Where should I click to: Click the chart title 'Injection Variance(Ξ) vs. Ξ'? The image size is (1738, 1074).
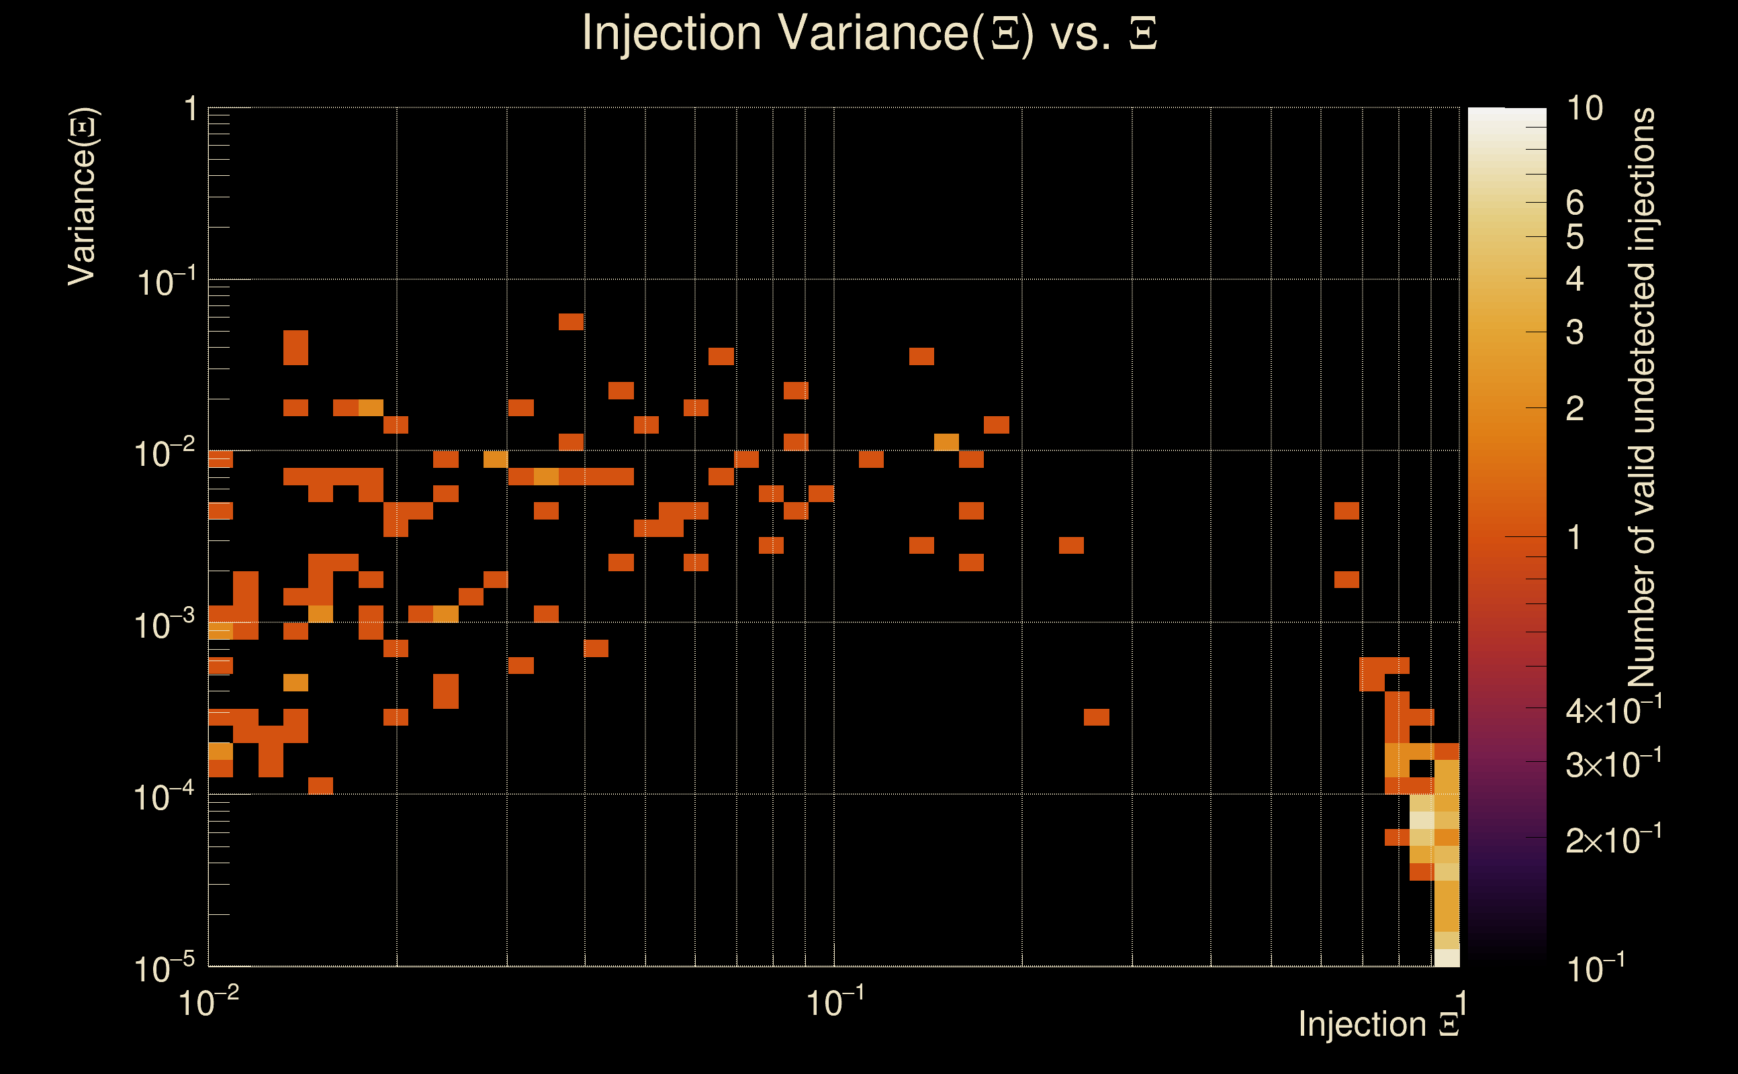[x=869, y=34]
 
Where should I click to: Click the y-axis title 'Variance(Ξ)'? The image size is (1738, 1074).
[x=83, y=196]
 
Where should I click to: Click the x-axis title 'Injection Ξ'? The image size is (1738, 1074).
[x=1379, y=1024]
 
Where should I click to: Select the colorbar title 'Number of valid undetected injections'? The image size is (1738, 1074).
[x=1642, y=397]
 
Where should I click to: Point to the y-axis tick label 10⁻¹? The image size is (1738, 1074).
[x=165, y=282]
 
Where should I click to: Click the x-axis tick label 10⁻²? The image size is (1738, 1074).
[x=208, y=1002]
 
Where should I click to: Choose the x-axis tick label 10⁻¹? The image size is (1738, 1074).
[x=835, y=1002]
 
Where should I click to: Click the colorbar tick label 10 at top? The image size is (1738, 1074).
[x=1584, y=109]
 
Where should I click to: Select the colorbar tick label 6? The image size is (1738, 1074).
[x=1575, y=203]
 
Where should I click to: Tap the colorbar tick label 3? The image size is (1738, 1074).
[x=1575, y=332]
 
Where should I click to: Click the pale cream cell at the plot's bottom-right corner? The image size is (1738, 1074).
[x=1447, y=957]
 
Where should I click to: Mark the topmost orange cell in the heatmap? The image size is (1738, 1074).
[x=571, y=322]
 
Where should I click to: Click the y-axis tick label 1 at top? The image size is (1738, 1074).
[x=190, y=110]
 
